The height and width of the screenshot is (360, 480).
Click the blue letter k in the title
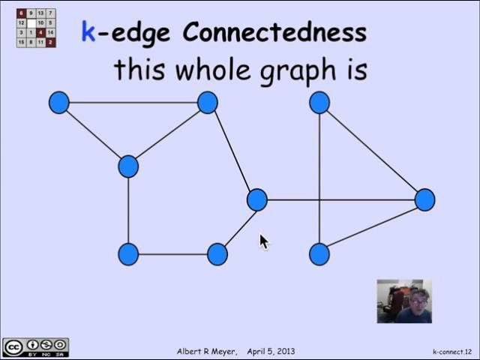point(88,32)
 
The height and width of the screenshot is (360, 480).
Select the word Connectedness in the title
point(274,32)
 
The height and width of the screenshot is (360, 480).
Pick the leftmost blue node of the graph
point(58,103)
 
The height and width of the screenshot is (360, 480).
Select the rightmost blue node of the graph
point(424,199)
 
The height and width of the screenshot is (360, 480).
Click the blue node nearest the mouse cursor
point(256,199)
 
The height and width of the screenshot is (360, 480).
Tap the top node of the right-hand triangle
point(319,103)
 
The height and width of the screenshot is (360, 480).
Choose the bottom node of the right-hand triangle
point(319,254)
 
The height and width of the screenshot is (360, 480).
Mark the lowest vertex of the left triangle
point(128,166)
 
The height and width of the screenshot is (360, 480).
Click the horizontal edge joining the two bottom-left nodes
point(172,254)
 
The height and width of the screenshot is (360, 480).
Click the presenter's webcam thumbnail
point(403,301)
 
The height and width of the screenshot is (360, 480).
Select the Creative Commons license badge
point(35,347)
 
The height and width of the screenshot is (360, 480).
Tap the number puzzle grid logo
point(36,28)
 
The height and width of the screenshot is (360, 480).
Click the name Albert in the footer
point(191,351)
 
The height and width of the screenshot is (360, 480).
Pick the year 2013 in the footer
point(284,351)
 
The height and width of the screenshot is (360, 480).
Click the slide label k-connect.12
point(452,351)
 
